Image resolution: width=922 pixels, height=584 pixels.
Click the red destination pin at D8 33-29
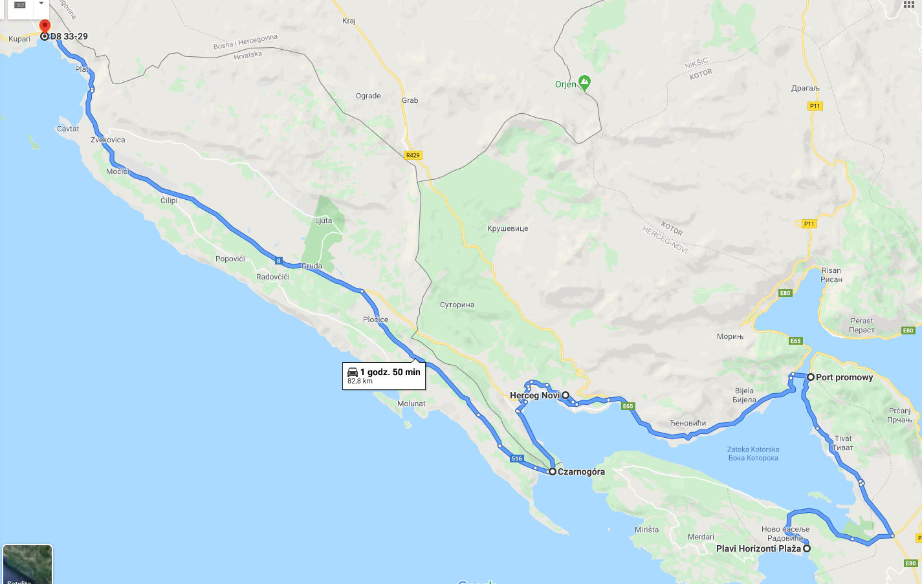(45, 27)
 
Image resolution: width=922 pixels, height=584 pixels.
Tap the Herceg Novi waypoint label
(534, 395)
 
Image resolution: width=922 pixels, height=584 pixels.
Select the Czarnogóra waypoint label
(581, 471)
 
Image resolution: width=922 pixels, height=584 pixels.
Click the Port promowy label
(844, 377)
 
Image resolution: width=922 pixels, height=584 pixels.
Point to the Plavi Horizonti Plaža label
(758, 548)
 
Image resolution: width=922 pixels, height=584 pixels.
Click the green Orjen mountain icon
(584, 83)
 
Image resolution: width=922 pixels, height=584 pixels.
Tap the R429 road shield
(413, 155)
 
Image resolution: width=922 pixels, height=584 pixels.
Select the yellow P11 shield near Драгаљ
(815, 106)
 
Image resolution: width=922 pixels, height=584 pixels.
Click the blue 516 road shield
(516, 459)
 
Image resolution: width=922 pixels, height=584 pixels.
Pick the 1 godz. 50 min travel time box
(384, 376)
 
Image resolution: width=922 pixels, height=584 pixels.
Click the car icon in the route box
(353, 372)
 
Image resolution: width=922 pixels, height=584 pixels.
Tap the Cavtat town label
(68, 129)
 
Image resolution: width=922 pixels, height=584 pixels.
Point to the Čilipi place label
(169, 200)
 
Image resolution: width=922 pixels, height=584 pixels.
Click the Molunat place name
(412, 404)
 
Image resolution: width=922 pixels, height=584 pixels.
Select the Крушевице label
(507, 228)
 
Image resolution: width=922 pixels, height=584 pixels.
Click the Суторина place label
(457, 305)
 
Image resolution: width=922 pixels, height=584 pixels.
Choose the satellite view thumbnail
(27, 565)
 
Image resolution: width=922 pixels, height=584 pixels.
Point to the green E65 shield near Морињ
(795, 341)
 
